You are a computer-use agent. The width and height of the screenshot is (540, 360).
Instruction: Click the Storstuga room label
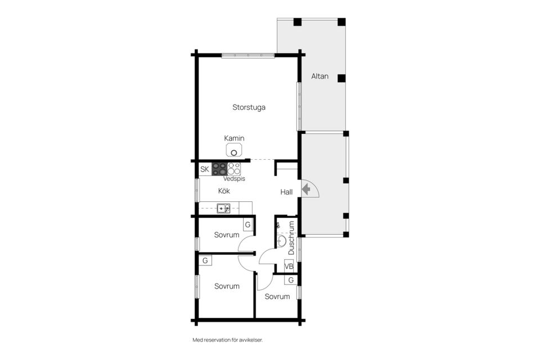(x=249, y=107)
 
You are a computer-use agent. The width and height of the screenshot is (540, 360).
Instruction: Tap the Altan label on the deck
(x=319, y=76)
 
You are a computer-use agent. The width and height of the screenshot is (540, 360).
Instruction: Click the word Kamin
(x=234, y=138)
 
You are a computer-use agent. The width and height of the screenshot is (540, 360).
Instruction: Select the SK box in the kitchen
(x=205, y=169)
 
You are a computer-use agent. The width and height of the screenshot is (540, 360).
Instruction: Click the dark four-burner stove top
(x=219, y=169)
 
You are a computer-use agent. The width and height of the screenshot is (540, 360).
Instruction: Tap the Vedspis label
(x=234, y=179)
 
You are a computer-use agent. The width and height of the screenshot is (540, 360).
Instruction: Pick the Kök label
(x=224, y=191)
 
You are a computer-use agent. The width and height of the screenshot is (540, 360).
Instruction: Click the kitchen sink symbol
(x=223, y=209)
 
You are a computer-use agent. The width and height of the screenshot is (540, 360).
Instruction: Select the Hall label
(x=286, y=192)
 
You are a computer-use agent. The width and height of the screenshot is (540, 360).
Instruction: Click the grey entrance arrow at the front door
(x=306, y=189)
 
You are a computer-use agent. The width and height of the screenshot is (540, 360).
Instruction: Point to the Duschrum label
(x=291, y=238)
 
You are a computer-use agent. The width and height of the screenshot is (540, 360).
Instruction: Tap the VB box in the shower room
(x=289, y=266)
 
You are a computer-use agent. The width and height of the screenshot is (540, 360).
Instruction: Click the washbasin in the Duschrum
(x=282, y=241)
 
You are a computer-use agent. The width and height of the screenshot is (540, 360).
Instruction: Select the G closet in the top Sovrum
(x=247, y=225)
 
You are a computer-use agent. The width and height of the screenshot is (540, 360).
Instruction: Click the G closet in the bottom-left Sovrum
(x=205, y=260)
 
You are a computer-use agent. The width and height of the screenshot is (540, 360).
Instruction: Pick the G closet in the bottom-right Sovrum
(x=291, y=280)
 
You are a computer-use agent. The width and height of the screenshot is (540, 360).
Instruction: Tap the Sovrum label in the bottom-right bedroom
(x=277, y=296)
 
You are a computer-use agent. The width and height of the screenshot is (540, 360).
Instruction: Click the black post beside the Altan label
(x=341, y=78)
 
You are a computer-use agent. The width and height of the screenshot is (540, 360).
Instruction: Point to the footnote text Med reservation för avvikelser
(x=228, y=340)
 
